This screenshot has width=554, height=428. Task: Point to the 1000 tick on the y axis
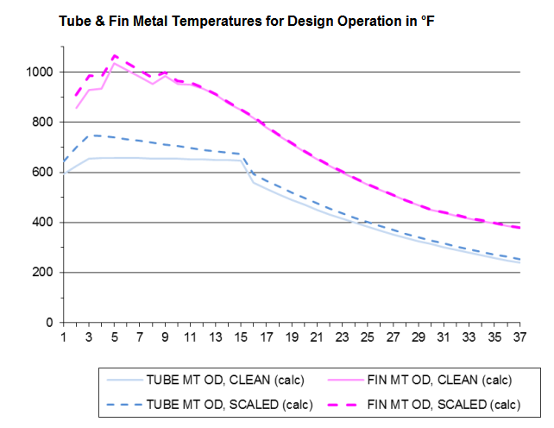coord(41,72)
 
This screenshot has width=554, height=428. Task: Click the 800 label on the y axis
coord(43,122)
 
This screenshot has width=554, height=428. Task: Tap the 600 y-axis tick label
coord(43,173)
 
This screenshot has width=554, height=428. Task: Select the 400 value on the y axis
coord(43,223)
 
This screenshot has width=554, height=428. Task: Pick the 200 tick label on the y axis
coord(43,273)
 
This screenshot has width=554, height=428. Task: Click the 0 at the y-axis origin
coord(50,323)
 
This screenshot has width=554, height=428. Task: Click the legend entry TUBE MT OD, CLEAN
coord(211,380)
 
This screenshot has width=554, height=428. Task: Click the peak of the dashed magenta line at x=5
coord(114,55)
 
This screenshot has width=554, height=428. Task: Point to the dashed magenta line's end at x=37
coord(519,228)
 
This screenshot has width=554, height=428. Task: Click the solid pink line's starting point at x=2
coord(77,108)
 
